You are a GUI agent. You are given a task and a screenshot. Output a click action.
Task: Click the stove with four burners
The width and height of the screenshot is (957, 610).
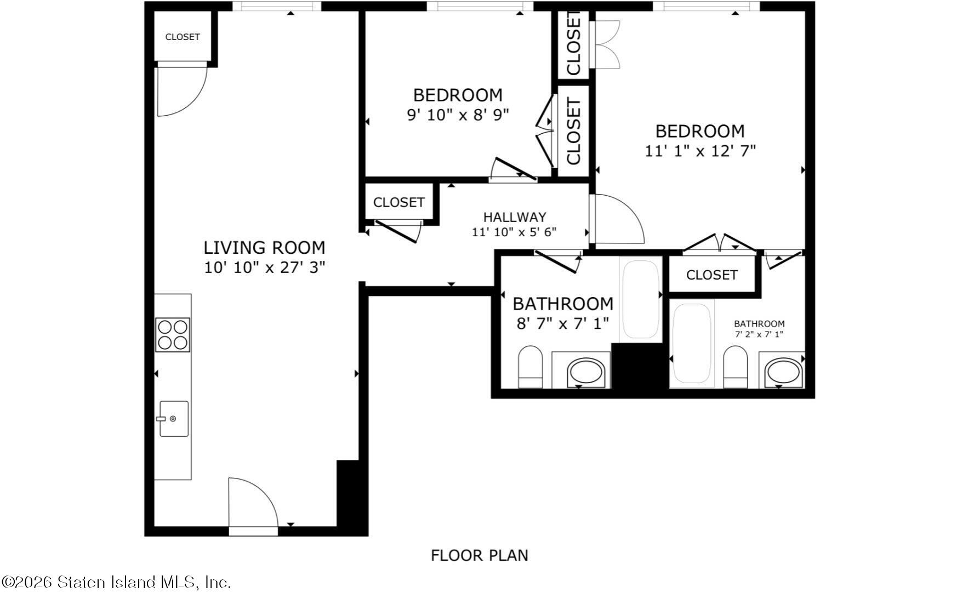point(173,334)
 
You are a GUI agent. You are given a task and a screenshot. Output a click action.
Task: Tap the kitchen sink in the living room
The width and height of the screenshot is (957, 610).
point(174,419)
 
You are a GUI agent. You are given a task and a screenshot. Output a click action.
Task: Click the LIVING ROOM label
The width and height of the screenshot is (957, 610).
point(264,248)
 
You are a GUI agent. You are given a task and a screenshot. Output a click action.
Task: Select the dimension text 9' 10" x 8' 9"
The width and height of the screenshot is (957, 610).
point(458,115)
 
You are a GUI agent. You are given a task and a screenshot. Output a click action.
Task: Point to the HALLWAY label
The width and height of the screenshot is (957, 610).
point(515,217)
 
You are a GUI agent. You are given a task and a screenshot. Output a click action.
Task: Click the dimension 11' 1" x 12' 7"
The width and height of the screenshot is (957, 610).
point(700,151)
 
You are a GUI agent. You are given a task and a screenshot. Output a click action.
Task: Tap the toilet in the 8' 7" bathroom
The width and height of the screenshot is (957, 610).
point(530,367)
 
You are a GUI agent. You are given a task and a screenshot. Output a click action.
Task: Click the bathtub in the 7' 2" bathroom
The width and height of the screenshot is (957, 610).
point(692,344)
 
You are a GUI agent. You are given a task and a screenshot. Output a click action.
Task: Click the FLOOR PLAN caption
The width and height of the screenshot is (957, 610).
point(480,556)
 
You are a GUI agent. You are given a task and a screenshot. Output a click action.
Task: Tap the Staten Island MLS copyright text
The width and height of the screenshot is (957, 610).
point(116,582)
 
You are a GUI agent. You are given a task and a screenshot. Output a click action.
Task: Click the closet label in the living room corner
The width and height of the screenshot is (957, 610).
point(183,37)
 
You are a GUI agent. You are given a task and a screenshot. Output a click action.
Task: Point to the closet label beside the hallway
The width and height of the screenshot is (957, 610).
point(398,202)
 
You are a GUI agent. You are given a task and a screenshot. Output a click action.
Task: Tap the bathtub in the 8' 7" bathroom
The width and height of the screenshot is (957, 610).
point(641,299)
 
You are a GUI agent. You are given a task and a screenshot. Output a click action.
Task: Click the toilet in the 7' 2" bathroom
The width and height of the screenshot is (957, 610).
point(735,367)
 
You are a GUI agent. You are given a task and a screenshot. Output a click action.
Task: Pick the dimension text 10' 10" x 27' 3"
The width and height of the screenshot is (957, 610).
point(264,268)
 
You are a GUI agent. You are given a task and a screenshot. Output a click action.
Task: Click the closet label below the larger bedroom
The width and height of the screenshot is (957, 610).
point(711,275)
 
